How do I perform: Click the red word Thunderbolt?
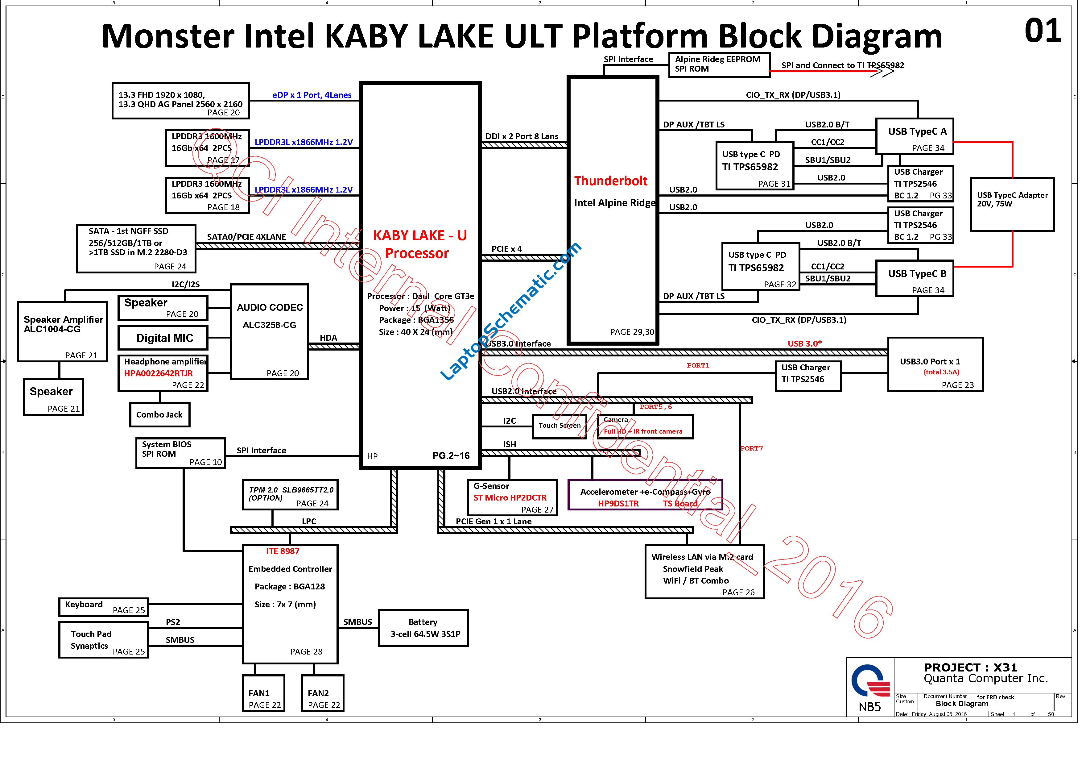[x=611, y=181]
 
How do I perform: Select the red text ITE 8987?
[x=283, y=551]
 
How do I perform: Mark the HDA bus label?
[x=328, y=338]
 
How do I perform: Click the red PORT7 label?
[x=752, y=448]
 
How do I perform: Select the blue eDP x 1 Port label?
[x=312, y=95]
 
